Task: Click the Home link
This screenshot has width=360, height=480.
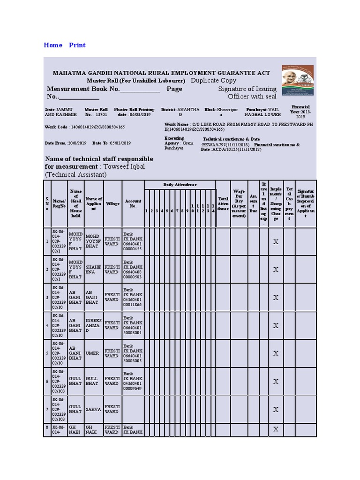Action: [52, 45]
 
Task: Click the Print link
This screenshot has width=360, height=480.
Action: [77, 45]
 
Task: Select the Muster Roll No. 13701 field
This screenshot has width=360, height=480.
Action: [96, 112]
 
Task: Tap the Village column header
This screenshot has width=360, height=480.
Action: [112, 204]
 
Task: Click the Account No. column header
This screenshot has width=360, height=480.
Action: [133, 203]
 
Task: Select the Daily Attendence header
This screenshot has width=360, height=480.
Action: [180, 185]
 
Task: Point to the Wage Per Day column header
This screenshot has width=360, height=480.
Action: [239, 203]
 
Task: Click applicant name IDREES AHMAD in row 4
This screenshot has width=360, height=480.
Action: [93, 325]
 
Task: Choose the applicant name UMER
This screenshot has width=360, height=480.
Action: [92, 353]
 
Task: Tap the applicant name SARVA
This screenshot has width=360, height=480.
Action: [93, 409]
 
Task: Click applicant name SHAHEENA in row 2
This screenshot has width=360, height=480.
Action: [93, 269]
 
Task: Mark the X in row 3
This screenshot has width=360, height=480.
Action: [276, 297]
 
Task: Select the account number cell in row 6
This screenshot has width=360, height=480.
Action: [133, 381]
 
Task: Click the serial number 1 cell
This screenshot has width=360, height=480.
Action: [47, 241]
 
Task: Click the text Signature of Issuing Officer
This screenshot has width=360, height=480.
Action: [247, 92]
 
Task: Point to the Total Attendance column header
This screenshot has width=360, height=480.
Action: [223, 203]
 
